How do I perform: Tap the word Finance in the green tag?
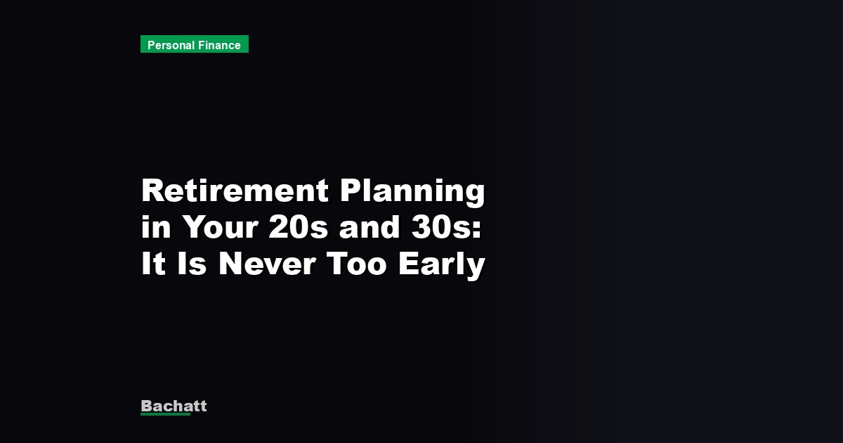pos(218,45)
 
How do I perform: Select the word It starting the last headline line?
pos(152,264)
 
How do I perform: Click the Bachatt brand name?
pos(174,406)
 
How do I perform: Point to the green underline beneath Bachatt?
pos(165,414)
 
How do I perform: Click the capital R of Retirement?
pos(152,191)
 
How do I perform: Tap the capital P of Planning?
pos(352,191)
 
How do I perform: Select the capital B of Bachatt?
pos(146,406)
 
